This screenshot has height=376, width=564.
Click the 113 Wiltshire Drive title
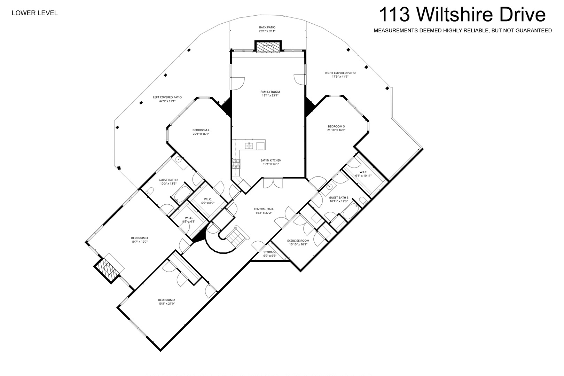pos(462,15)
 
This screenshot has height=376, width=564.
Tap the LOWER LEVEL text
pos(35,13)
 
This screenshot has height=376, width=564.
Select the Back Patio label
pos(267,29)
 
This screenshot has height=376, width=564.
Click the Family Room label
pos(270,94)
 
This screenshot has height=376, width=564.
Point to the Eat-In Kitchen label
pos(271,162)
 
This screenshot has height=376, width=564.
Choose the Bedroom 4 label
pos(201,132)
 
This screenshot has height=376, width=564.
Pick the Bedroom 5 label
pos(336,128)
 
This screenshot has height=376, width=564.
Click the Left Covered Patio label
pos(167,99)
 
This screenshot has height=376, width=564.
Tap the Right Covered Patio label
pos(340,75)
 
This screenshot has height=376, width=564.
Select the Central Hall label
pos(264,211)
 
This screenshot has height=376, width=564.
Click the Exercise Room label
pos(298,243)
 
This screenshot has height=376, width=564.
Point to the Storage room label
pos(270,254)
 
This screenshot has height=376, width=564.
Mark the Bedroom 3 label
pos(139,240)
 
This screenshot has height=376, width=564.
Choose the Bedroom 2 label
pos(166,302)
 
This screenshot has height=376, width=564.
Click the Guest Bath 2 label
pos(168,182)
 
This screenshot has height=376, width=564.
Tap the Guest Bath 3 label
pos(339,199)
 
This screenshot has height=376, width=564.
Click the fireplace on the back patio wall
pos(268,47)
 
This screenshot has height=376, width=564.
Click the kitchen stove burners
pos(236,163)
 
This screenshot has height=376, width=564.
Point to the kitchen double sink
pos(249,146)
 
